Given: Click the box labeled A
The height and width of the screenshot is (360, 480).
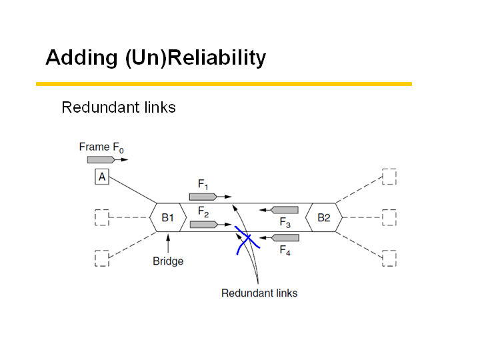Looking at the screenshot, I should tap(102, 177).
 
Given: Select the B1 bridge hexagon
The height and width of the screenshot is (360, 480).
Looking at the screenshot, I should tap(167, 217).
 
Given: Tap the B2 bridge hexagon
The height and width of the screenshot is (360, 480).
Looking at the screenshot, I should tap(323, 217).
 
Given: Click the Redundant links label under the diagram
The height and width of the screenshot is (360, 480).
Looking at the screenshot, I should tap(259, 293).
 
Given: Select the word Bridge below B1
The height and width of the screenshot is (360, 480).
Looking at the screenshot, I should tap(168, 261).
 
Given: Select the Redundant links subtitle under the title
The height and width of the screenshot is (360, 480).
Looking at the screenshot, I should tap(119, 107).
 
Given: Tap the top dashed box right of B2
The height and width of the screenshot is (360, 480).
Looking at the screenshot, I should tap(389, 177).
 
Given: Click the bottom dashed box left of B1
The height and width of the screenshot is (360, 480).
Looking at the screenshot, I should tap(102, 258).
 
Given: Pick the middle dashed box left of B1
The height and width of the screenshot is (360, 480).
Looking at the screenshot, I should tap(102, 218).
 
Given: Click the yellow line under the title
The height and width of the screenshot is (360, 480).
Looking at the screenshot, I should tap(223, 84).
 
